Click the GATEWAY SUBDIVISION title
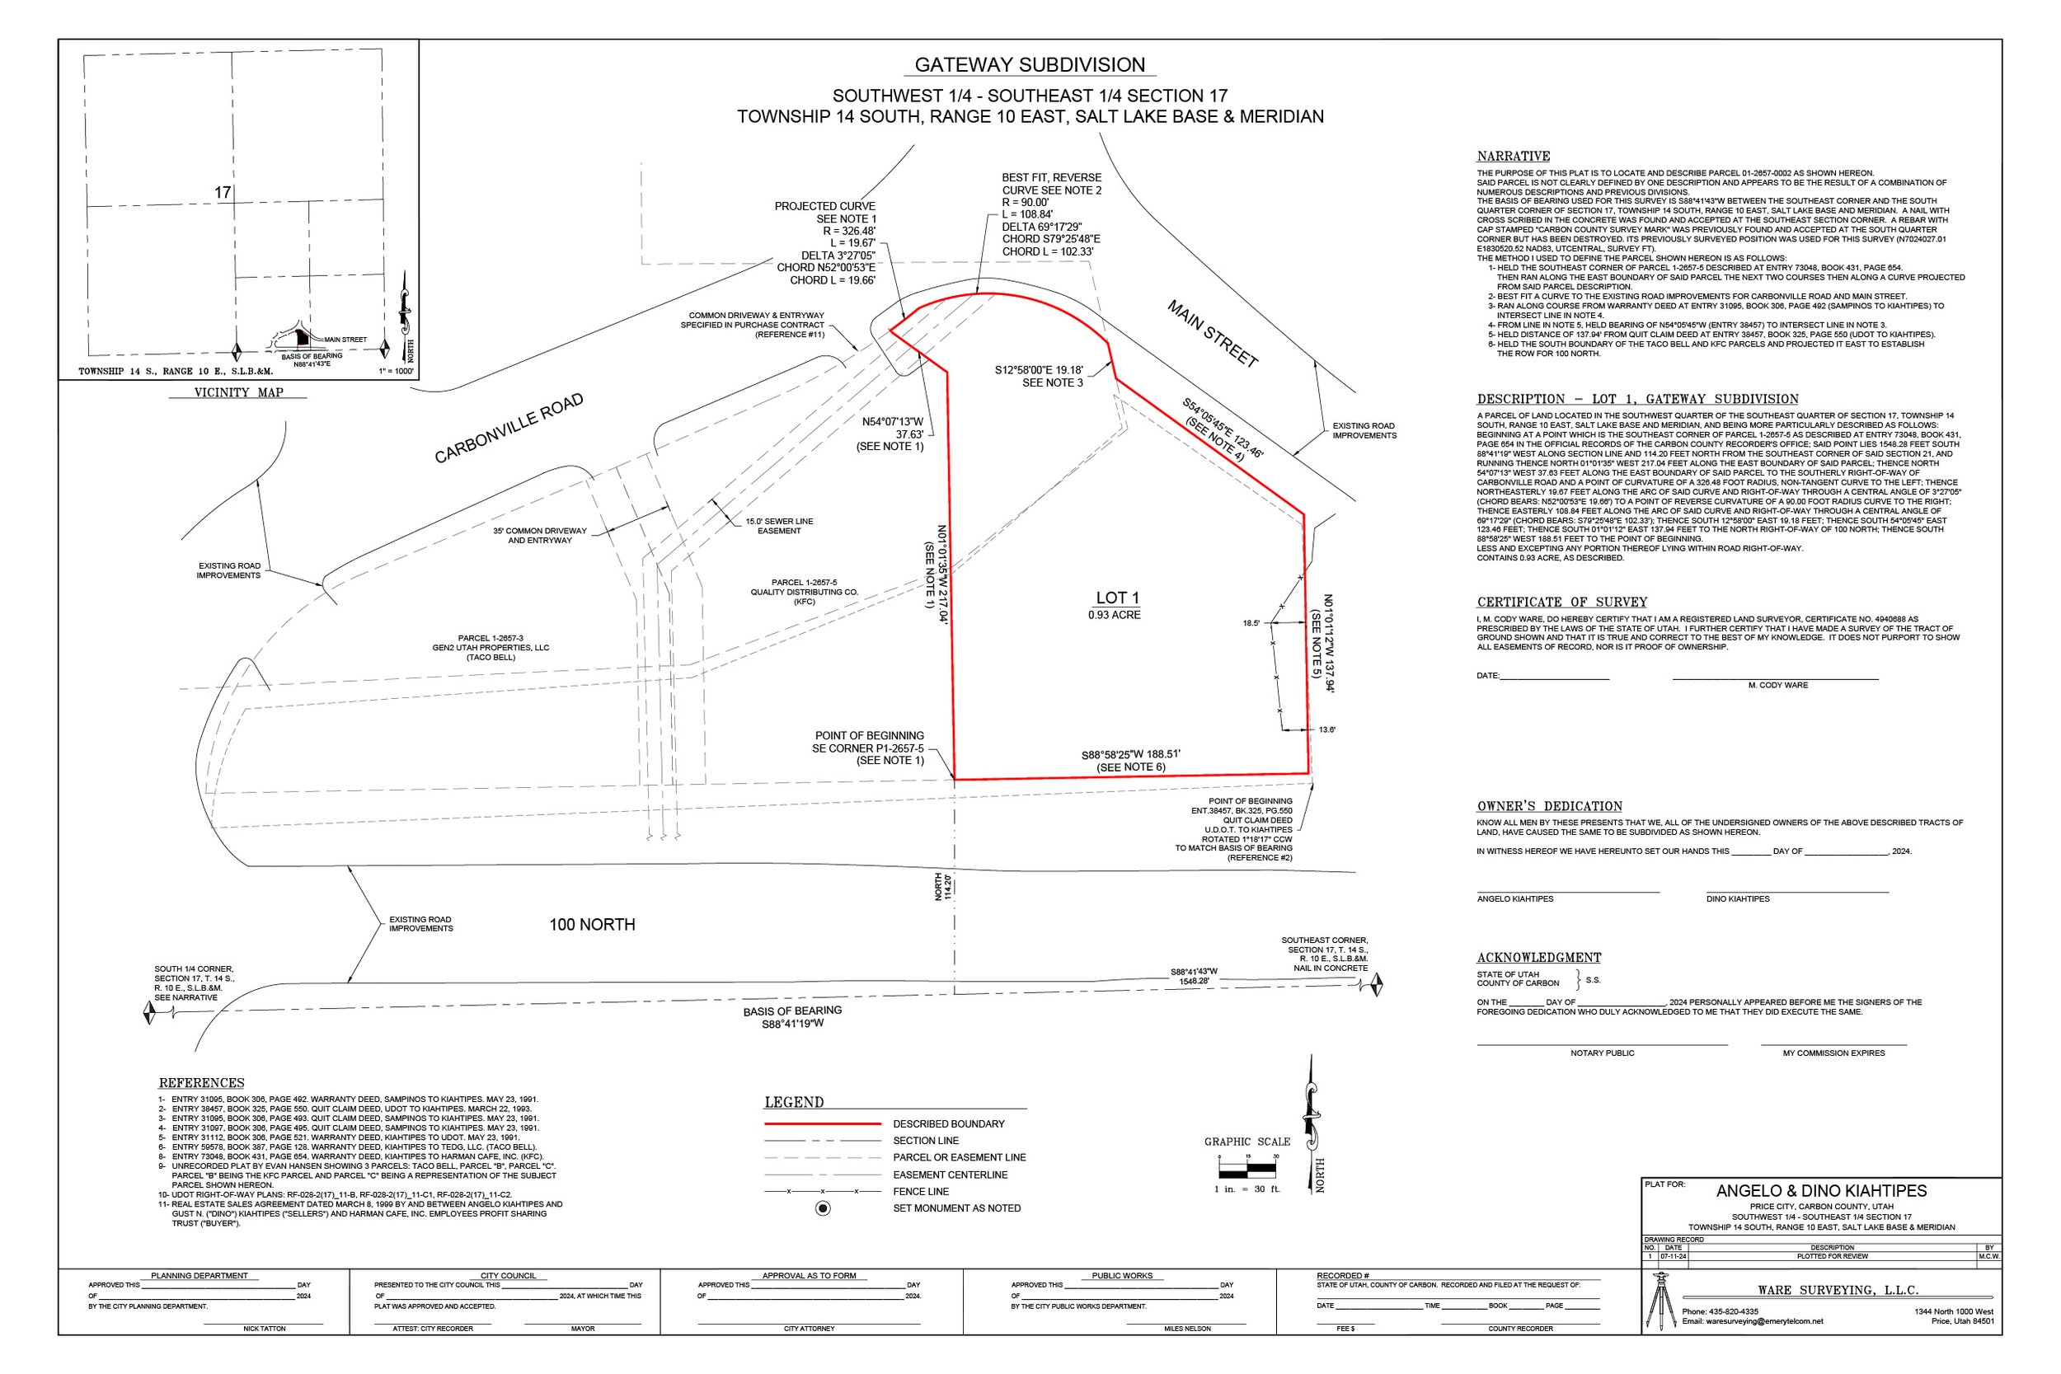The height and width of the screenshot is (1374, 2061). click(x=1030, y=65)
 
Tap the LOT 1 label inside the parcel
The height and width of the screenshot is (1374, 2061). click(x=1117, y=598)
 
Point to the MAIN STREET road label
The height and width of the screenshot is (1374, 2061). click(x=1213, y=334)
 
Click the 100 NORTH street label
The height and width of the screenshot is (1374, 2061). click(x=593, y=925)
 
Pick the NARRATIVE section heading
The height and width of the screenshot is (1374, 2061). click(x=1514, y=156)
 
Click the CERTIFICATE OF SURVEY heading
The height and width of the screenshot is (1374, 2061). click(x=1561, y=602)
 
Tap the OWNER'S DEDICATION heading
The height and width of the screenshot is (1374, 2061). click(x=1549, y=806)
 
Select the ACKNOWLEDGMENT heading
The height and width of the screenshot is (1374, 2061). click(x=1538, y=958)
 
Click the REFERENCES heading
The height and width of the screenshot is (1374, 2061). click(x=201, y=1083)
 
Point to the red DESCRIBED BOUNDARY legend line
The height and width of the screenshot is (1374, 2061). click(x=822, y=1123)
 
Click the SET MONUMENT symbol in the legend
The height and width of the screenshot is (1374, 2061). click(x=823, y=1208)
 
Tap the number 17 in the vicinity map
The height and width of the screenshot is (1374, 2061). click(x=223, y=192)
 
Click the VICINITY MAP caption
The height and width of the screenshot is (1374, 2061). click(x=238, y=392)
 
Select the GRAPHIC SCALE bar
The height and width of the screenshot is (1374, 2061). click(x=1248, y=1168)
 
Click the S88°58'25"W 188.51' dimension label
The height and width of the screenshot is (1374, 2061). click(x=1130, y=753)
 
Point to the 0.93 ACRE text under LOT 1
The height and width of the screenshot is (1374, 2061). click(x=1115, y=615)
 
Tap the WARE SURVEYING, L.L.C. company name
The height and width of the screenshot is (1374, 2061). click(x=1838, y=1290)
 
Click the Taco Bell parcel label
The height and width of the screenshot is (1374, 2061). click(x=491, y=648)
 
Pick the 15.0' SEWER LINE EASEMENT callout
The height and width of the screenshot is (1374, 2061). click(x=779, y=526)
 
